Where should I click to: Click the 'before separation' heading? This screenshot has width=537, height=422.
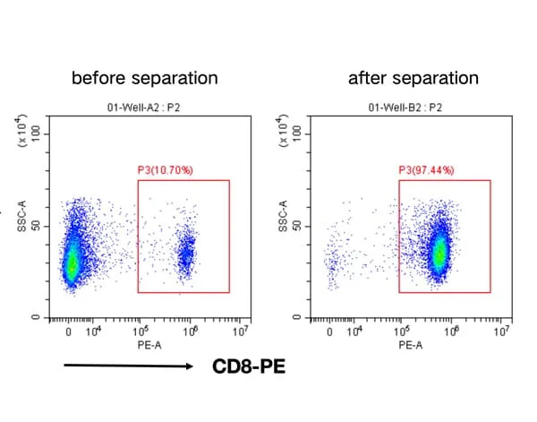[144, 78]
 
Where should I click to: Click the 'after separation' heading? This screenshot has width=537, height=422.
[413, 78]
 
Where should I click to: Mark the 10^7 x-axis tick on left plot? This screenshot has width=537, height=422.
[240, 332]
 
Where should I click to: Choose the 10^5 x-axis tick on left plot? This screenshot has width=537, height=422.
[141, 332]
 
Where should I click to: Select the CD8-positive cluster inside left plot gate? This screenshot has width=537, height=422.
[185, 255]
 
